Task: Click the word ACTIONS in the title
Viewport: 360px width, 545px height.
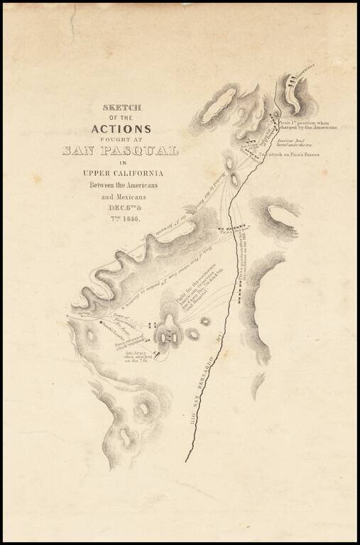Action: coord(120,129)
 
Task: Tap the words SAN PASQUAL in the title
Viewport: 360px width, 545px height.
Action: coord(120,150)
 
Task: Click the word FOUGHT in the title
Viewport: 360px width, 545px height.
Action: coord(120,140)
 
